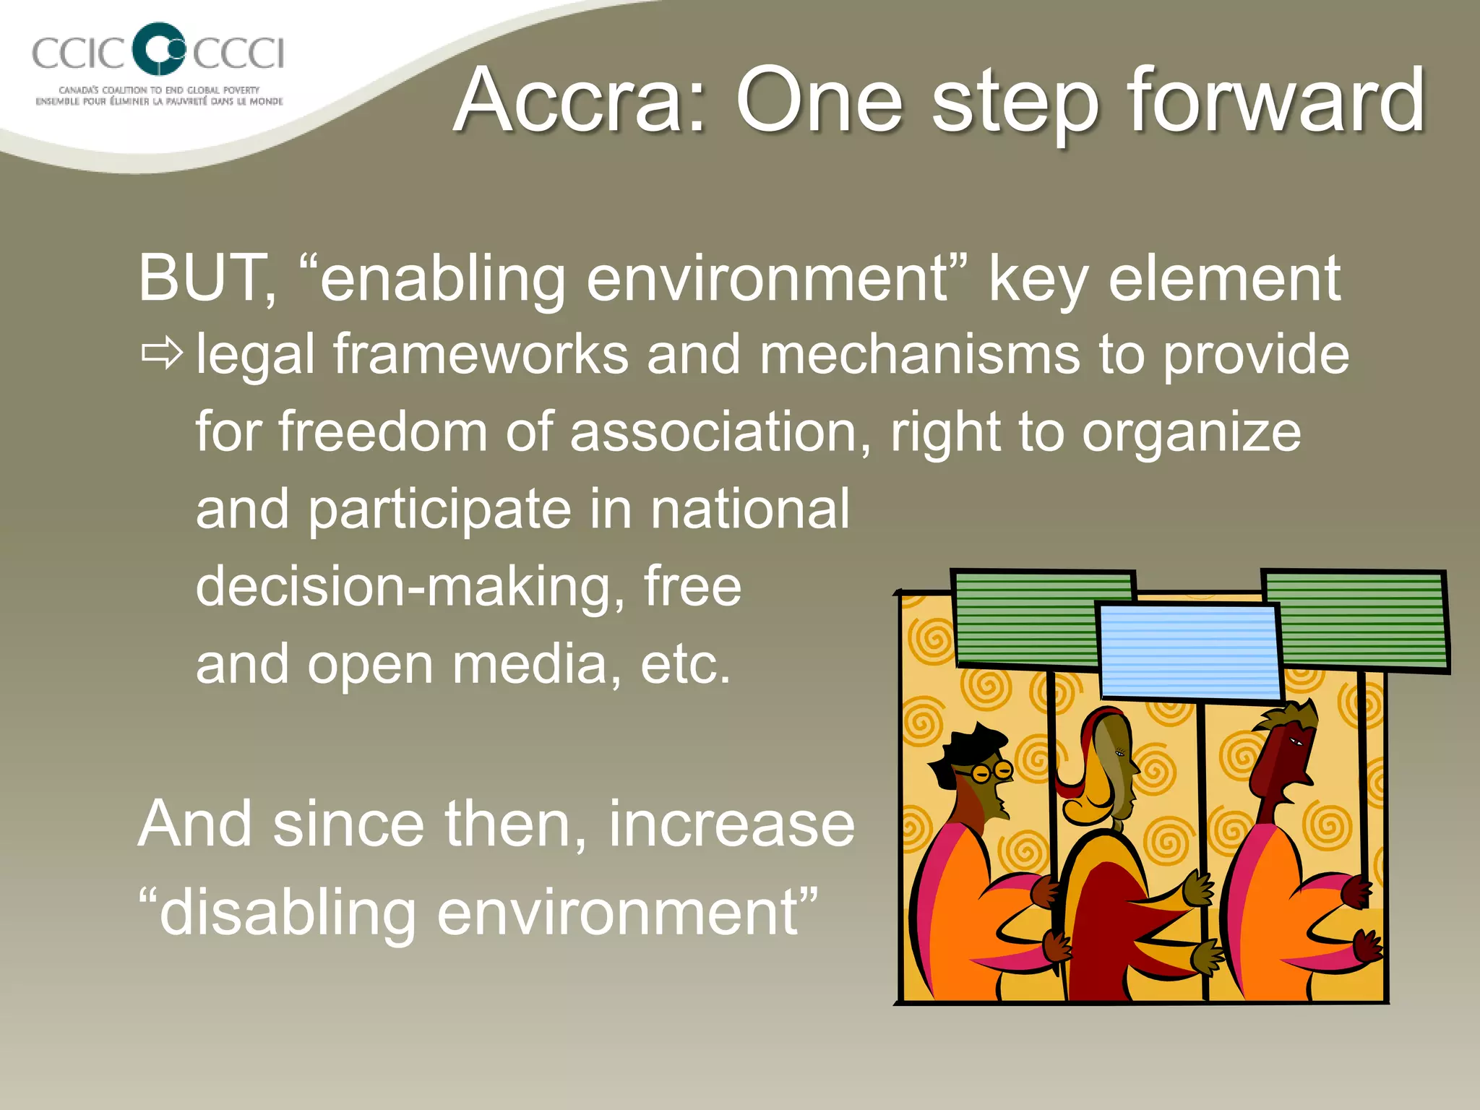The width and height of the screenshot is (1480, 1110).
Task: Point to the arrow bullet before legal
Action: (162, 354)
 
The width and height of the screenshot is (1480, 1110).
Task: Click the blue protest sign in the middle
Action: (1189, 650)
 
